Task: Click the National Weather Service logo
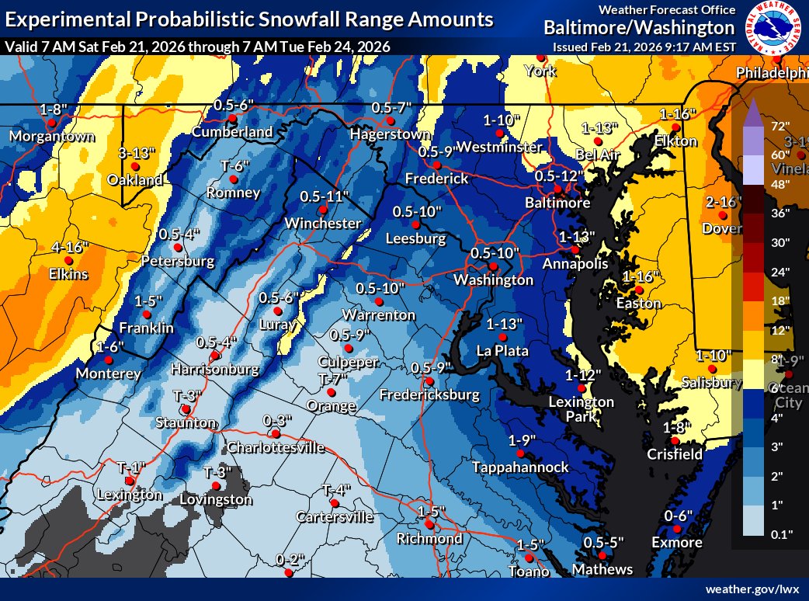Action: [773, 28]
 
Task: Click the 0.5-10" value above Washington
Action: [495, 252]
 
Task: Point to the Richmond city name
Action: [429, 538]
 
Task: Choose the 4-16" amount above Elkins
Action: [70, 247]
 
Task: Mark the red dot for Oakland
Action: [135, 166]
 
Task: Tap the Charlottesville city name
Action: [275, 447]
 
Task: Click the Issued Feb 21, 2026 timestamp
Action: [644, 47]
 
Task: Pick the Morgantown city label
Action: [51, 137]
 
